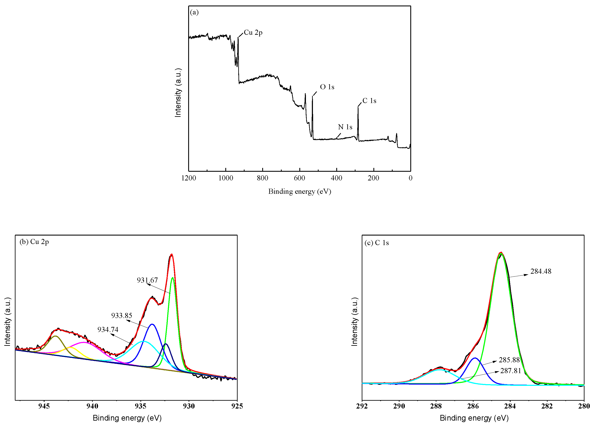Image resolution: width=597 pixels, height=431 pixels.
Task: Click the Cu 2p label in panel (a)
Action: (253, 33)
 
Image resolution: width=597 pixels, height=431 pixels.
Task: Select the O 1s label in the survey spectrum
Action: (327, 87)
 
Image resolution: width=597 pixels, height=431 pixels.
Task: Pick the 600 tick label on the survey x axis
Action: (299, 178)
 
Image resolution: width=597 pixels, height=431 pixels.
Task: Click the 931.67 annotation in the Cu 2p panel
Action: (147, 280)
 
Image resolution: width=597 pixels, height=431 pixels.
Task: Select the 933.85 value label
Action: (121, 315)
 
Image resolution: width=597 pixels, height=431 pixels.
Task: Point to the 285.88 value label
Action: (509, 360)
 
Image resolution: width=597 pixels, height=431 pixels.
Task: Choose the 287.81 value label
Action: (510, 371)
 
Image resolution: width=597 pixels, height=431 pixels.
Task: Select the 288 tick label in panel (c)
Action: (436, 406)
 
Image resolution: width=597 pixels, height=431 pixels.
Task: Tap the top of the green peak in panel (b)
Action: (172, 278)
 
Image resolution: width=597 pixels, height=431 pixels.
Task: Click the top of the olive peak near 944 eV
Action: (55, 336)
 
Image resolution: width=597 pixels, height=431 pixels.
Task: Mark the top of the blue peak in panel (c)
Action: (475, 358)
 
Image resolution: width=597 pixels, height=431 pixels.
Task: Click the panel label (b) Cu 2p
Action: (34, 242)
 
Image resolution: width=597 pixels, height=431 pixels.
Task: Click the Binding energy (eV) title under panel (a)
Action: (299, 191)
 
